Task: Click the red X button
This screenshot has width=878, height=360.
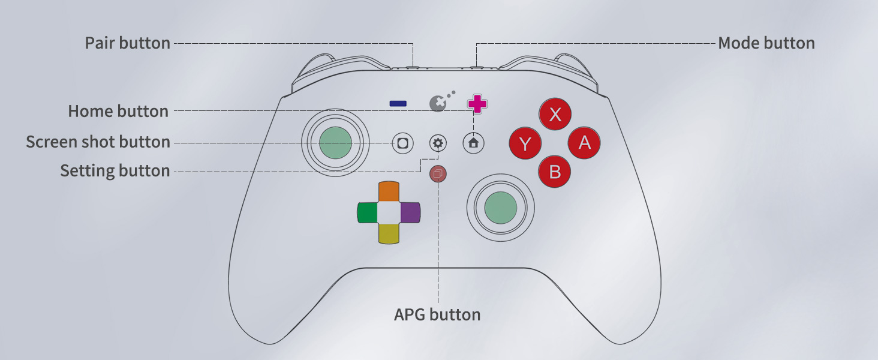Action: point(555,114)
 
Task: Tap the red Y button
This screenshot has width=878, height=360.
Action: point(525,143)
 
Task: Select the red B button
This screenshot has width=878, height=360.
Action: point(555,172)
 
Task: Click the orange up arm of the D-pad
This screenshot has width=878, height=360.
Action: point(389,191)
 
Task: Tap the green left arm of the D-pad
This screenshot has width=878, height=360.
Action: point(367,212)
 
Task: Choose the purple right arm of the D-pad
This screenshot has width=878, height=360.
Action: point(410,212)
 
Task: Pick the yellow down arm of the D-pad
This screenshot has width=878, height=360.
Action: point(389,233)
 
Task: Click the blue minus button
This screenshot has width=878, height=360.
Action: point(398,104)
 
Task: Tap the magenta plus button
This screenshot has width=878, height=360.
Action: point(477,103)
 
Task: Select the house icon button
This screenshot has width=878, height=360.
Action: point(474,143)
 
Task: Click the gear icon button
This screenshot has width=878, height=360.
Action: point(438,143)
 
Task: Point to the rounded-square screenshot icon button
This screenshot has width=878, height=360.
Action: point(402,143)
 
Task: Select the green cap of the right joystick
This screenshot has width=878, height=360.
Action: point(500,207)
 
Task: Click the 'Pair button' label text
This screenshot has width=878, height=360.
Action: point(127,43)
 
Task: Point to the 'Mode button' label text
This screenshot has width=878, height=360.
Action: point(766,43)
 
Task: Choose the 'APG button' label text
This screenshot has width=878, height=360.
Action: point(437,314)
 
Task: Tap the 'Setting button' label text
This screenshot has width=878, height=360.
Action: point(115,171)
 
